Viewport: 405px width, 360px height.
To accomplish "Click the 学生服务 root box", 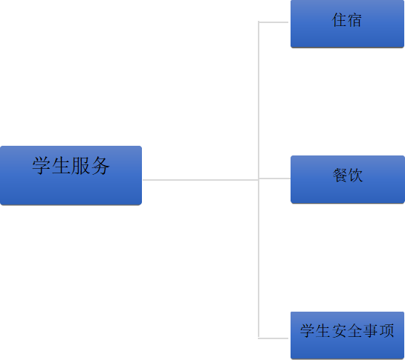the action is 71,176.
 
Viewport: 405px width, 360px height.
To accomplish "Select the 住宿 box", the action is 347,24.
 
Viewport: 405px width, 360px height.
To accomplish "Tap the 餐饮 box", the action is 348,179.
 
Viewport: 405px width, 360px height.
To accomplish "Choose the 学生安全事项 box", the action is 347,335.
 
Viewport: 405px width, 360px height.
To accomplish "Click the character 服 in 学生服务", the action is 80,166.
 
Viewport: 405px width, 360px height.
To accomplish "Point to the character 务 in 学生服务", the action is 100,166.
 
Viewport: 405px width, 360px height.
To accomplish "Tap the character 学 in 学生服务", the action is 42,166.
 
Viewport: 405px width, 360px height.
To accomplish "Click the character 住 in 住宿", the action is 339,20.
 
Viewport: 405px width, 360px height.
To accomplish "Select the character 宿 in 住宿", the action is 354,20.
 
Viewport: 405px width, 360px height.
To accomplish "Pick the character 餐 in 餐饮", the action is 340,175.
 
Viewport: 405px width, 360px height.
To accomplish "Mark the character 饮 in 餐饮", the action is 355,175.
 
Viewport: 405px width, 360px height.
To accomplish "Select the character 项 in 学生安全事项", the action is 386,330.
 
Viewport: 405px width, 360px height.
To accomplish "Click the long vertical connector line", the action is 259,180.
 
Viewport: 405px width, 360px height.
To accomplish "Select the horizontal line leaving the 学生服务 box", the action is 201,180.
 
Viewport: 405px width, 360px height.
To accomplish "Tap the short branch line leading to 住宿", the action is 273,22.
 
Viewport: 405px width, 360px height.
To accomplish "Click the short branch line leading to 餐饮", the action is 274,179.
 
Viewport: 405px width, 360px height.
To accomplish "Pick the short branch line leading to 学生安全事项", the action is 273,338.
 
